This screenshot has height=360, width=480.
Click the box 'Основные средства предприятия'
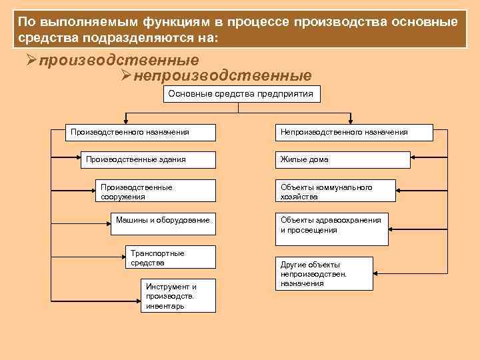point(240,94)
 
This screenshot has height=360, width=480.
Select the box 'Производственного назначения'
point(141,132)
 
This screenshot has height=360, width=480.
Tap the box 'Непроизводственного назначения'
point(333,132)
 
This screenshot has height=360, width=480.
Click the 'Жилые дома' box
point(333,159)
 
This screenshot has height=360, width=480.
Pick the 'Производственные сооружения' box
point(155,191)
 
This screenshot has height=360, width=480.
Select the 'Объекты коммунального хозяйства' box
point(333,191)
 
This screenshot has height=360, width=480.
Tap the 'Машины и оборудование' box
point(163,225)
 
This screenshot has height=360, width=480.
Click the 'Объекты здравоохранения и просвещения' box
point(333,225)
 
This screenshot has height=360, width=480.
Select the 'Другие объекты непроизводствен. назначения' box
point(325,273)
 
